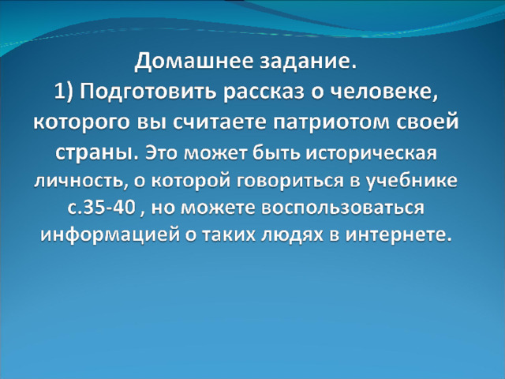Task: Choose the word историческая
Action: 372,153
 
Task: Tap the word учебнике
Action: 411,181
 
